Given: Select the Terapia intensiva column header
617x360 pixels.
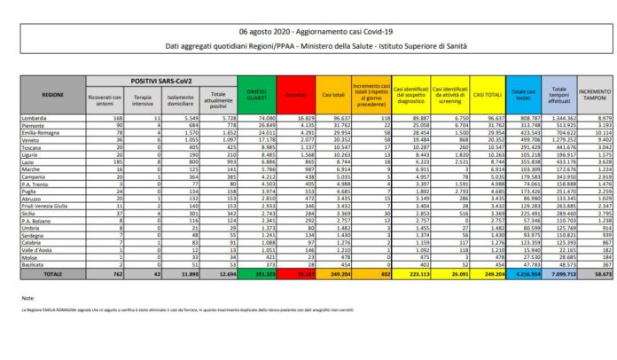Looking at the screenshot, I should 134,96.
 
